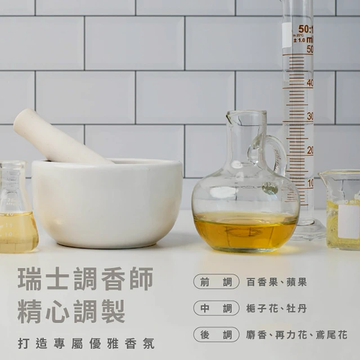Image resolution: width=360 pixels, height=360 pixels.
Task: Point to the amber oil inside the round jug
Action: click(245, 232)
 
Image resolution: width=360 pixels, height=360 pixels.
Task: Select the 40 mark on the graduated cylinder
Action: click(310, 83)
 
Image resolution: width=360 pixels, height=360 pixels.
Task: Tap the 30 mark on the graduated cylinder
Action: click(310, 116)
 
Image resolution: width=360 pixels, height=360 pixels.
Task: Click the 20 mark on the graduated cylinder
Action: click(310, 150)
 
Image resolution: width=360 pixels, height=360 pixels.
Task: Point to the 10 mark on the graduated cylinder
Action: click(310, 183)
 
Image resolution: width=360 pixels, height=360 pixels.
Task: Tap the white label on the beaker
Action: click(349, 221)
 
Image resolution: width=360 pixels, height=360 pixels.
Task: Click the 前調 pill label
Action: click(216, 281)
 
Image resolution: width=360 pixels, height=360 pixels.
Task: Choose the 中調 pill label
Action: click(216, 308)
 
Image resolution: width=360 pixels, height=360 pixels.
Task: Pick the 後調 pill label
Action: click(216, 335)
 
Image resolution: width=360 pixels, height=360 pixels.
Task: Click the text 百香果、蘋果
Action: click(276, 282)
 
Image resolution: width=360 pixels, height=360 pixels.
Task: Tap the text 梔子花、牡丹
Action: click(276, 308)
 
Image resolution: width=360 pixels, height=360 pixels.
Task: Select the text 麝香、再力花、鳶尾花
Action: click(296, 335)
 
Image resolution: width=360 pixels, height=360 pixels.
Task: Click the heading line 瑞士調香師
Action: click(85, 279)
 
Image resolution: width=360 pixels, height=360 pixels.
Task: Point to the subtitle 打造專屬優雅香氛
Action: click(86, 344)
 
